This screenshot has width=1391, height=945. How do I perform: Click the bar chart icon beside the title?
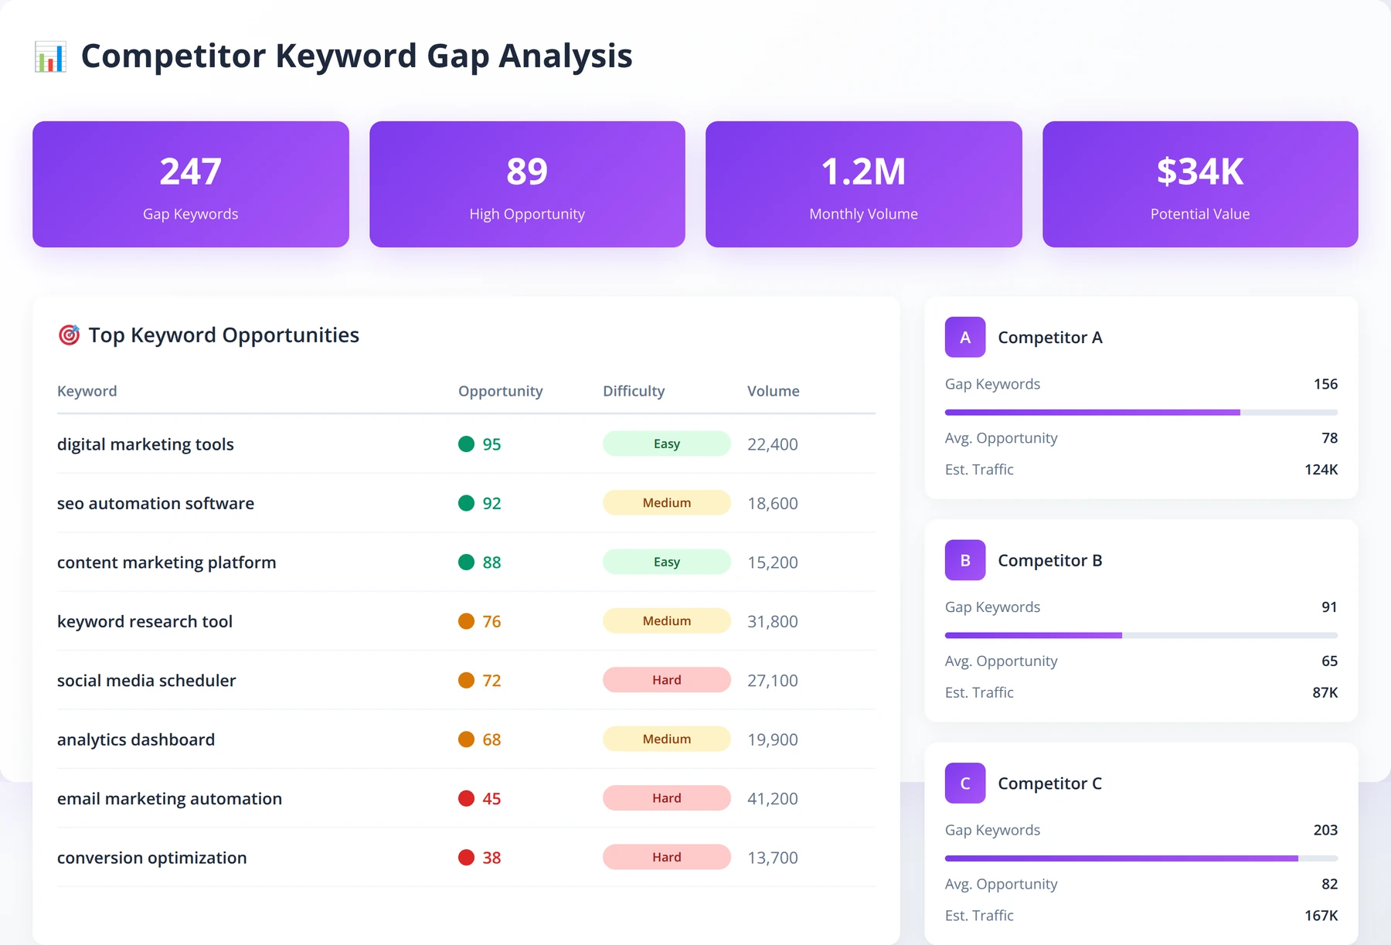[50, 57]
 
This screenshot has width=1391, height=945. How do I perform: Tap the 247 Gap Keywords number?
[190, 172]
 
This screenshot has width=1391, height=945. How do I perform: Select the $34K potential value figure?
[1200, 172]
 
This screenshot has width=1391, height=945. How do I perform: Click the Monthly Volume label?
[863, 214]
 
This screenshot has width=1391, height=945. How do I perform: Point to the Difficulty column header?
[634, 391]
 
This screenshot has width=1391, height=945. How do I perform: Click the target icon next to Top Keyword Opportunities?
[70, 335]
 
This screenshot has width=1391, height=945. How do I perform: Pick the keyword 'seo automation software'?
[155, 503]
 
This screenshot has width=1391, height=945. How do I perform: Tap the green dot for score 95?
[466, 444]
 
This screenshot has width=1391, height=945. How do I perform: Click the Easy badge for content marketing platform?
[667, 562]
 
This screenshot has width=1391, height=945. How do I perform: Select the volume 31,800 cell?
[773, 621]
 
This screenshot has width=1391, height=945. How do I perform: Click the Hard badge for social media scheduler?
[667, 680]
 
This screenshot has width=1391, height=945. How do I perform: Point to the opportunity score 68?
[491, 739]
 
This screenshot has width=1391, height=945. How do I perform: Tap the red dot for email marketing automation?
[466, 798]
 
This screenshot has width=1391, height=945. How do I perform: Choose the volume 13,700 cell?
[773, 858]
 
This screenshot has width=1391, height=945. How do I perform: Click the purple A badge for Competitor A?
[965, 337]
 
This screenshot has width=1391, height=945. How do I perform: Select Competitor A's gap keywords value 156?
[1325, 384]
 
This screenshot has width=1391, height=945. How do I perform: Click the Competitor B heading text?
[1050, 560]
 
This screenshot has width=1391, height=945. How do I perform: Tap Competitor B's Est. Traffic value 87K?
[1325, 692]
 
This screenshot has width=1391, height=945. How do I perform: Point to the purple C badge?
[965, 783]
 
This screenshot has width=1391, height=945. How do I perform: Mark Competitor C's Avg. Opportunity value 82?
[1329, 884]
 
